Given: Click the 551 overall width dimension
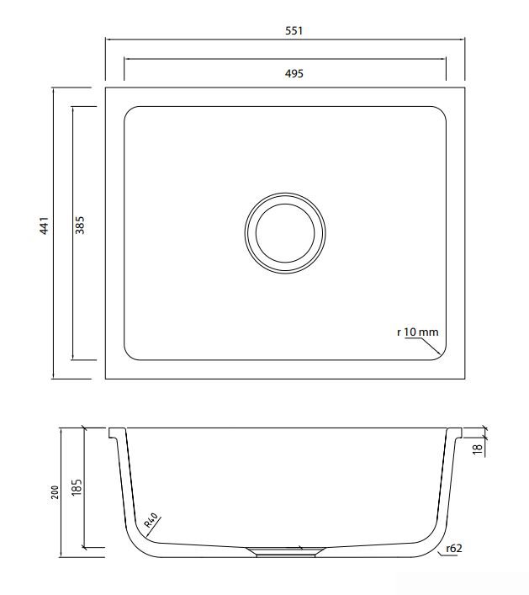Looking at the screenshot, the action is [x=294, y=31].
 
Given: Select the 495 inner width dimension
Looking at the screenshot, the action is [x=294, y=73].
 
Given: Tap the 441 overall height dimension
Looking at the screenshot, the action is [x=45, y=226].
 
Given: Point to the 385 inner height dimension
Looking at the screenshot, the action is [x=80, y=225].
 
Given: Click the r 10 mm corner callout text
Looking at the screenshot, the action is [x=417, y=332].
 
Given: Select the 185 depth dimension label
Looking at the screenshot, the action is [x=77, y=486].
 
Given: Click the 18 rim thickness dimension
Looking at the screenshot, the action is [x=478, y=449].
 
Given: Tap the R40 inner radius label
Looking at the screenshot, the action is [x=151, y=520].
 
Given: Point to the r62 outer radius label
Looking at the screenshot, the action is [x=454, y=549].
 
